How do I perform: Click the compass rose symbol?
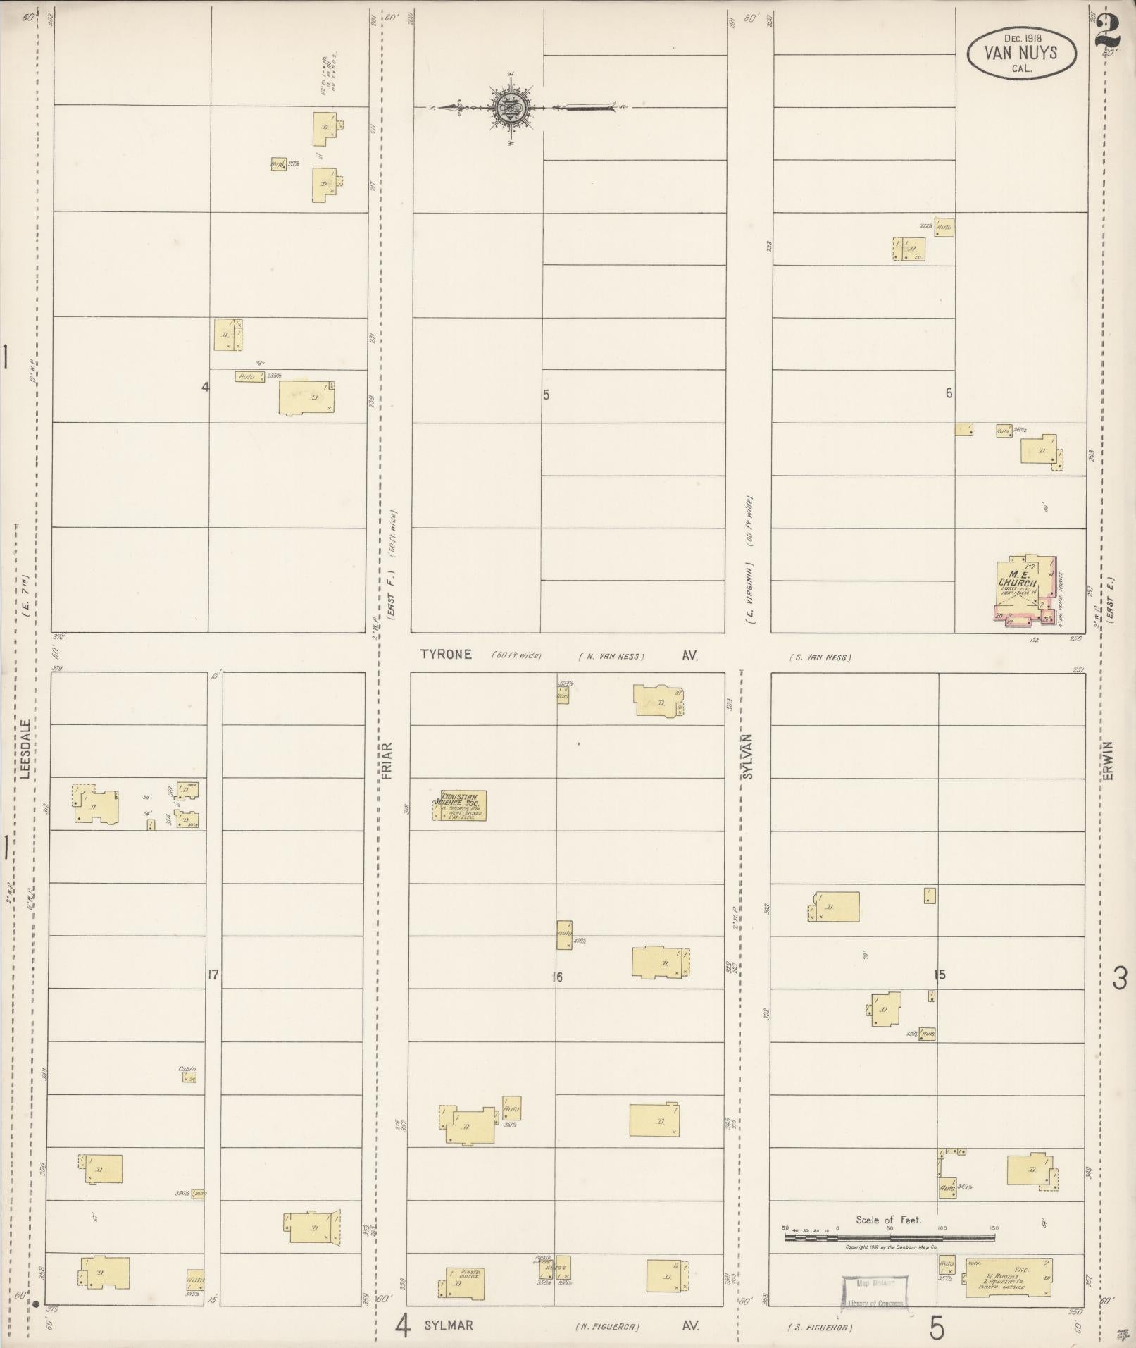pos(507,108)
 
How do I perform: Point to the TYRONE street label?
pos(446,654)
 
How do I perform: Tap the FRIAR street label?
pos(387,758)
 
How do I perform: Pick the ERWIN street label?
pos(1109,760)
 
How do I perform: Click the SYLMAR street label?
pos(449,1325)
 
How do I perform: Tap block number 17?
pos(213,975)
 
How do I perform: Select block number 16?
pos(558,977)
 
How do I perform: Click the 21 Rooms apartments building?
pos(1011,1276)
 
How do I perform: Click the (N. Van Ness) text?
pos(611,656)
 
